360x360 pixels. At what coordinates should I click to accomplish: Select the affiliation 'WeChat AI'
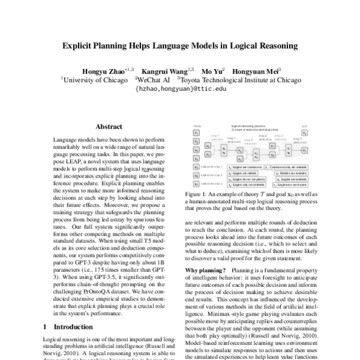pyautogui.click(x=154, y=79)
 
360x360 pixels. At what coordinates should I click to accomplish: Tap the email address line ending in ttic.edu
pyautogui.click(x=181, y=88)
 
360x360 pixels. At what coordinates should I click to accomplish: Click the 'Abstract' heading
pyautogui.click(x=109, y=127)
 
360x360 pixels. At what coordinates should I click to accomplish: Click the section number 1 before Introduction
pyautogui.click(x=47, y=327)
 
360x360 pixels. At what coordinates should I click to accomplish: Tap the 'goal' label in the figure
pyautogui.click(x=305, y=127)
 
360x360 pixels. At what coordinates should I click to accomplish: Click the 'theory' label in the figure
pyautogui.click(x=196, y=127)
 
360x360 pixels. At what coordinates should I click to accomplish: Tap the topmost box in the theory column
pyautogui.click(x=196, y=133)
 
